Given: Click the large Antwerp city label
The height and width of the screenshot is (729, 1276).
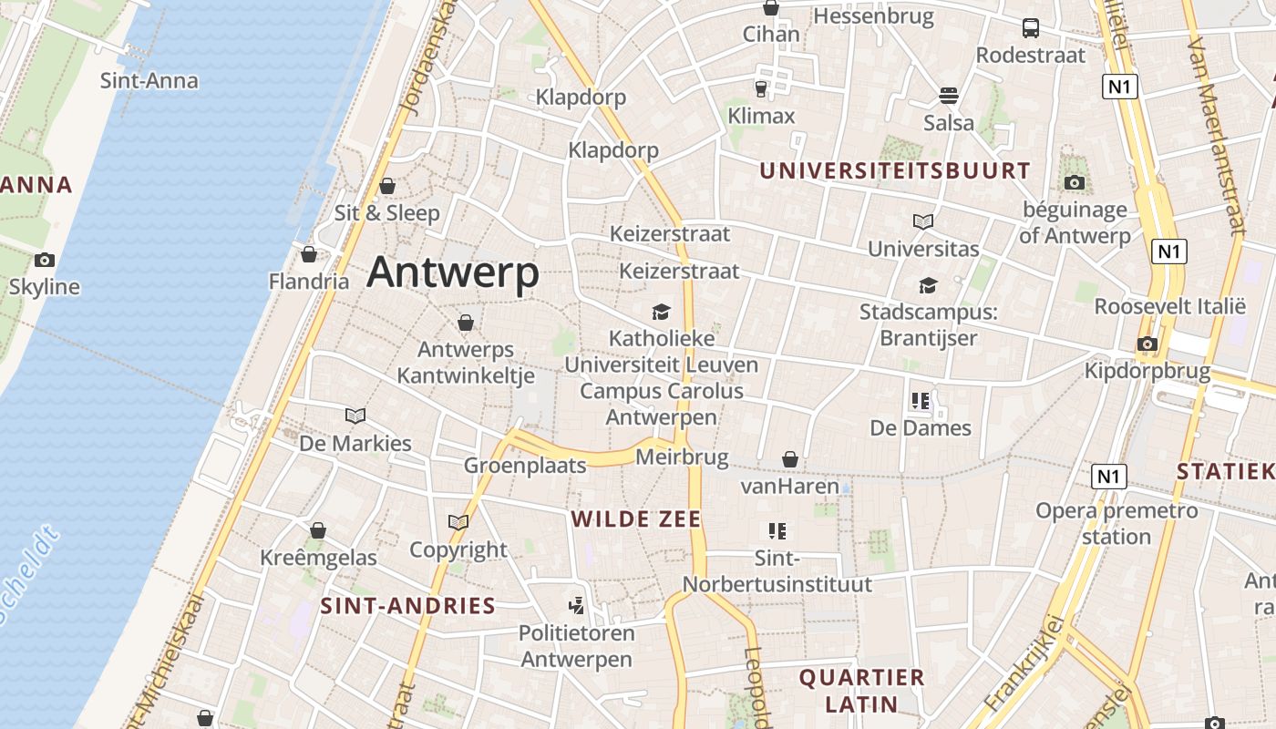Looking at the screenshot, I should click(x=453, y=272).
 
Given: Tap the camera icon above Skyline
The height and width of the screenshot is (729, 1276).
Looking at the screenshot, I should click(x=44, y=261).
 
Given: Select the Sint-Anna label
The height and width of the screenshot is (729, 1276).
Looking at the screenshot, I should click(x=149, y=80).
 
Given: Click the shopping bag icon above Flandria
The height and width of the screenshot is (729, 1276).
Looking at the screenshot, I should click(x=309, y=254).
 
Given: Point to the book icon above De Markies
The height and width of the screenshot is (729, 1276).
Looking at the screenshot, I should click(x=355, y=416).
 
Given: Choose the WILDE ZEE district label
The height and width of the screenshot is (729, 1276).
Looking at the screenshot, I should click(x=635, y=519).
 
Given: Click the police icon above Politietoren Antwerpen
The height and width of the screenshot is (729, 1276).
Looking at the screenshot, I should click(x=576, y=604).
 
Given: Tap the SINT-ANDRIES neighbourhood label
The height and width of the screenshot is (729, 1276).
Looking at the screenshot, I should click(x=407, y=606).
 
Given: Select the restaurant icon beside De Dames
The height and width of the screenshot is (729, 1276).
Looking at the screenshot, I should click(x=920, y=401).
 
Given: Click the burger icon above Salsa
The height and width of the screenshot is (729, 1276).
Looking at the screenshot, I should click(x=949, y=96).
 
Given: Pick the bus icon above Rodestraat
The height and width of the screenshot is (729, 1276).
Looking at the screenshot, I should click(x=1031, y=28).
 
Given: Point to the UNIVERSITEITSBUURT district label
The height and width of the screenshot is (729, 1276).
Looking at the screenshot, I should click(x=895, y=170).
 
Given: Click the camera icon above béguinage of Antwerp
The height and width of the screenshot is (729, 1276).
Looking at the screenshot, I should click(x=1075, y=182).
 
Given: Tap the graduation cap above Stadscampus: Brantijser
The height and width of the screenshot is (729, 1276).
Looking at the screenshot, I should click(x=928, y=286).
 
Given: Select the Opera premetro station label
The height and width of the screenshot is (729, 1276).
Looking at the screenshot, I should click(x=1116, y=523).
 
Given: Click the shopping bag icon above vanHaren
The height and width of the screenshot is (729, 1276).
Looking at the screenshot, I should click(x=790, y=460).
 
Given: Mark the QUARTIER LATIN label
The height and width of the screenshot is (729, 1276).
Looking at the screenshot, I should click(x=861, y=691).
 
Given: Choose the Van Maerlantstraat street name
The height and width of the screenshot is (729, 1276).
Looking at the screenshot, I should click(x=1217, y=137).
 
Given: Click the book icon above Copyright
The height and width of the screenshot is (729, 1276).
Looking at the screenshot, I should click(x=458, y=523).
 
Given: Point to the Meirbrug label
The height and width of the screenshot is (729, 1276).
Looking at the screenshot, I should click(x=682, y=457).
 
